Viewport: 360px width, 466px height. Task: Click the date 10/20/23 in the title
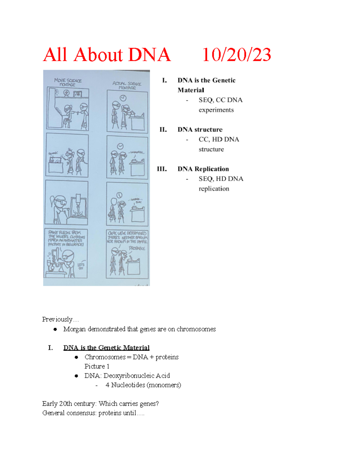point(237,55)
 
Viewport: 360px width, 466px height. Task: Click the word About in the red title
point(98,55)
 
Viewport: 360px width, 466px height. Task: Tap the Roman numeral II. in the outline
point(163,130)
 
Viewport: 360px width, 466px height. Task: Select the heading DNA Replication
point(203,169)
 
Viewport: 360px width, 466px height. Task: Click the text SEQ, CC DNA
point(220,100)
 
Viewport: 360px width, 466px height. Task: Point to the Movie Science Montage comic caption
point(68,83)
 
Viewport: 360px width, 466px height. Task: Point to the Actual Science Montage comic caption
point(127,86)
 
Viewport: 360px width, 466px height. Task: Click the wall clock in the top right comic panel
point(123,98)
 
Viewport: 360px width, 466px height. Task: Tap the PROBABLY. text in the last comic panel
point(137,248)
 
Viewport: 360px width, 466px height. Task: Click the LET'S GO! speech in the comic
point(81,266)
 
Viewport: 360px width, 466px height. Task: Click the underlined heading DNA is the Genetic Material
point(106,348)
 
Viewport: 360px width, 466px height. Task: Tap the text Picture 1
point(97,366)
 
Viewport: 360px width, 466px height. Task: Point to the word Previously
point(57,319)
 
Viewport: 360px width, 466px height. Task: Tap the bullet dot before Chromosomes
point(76,357)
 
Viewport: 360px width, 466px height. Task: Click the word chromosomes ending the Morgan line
point(196,329)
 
